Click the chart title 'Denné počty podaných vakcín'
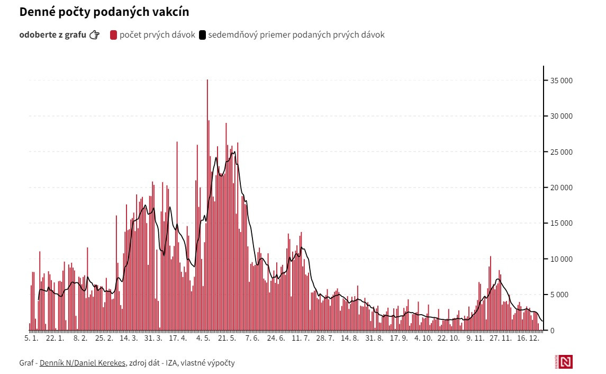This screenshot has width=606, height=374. coord(104,12)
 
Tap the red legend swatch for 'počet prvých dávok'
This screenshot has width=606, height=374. coord(113,35)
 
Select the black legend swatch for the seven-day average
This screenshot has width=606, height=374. coord(202,35)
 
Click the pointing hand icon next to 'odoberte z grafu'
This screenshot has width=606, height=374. coord(95,35)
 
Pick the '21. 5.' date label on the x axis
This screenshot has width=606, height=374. coord(227,338)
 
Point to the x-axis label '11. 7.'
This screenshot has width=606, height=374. coord(300,338)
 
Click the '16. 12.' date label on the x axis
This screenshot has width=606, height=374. coord(528,338)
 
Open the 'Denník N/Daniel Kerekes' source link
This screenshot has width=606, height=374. coord(83,363)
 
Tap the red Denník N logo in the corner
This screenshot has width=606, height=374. coord(566,362)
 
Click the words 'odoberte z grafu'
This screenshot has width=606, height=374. coord(52,35)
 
